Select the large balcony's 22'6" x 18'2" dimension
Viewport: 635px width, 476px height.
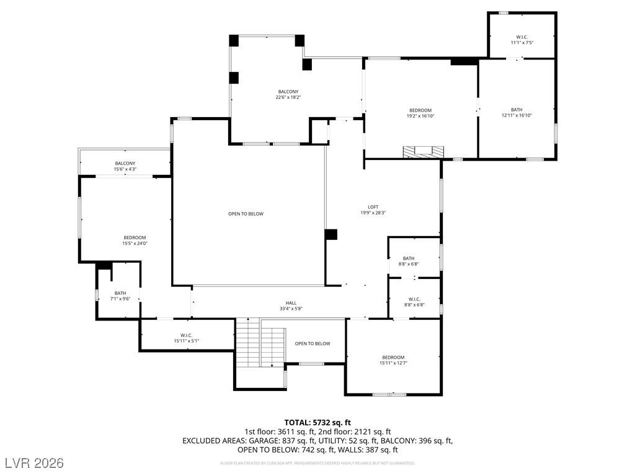pos(288,97)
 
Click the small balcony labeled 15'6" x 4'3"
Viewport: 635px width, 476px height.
pos(125,166)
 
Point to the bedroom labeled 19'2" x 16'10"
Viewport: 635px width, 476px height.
pos(420,113)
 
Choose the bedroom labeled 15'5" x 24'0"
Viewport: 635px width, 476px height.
pos(135,240)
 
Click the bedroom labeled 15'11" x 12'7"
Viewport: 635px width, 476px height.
pos(393,360)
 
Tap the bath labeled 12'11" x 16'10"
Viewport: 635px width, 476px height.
pos(517,112)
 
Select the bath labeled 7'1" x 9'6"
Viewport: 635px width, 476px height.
pos(120,296)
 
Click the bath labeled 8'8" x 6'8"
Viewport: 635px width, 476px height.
pos(409,261)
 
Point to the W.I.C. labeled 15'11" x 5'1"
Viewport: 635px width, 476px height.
pos(186,338)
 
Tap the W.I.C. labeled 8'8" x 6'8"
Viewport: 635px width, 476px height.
pos(414,302)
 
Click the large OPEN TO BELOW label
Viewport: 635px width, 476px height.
pos(246,214)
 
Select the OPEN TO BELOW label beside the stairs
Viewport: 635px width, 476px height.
pos(313,343)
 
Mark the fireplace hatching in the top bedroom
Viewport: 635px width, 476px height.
pos(424,152)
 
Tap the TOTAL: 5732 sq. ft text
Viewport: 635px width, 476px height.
pos(317,422)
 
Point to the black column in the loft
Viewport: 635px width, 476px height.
pos(331,234)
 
